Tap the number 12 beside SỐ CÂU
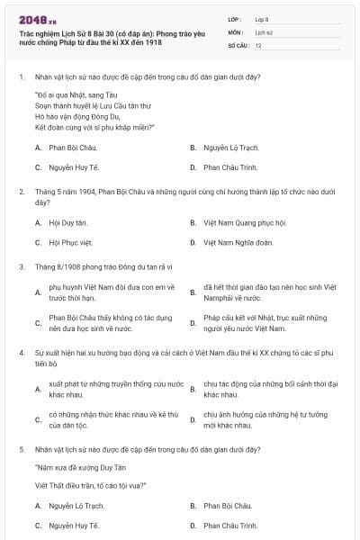(x=258, y=44)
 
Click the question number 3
(x=21, y=266)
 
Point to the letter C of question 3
(x=38, y=323)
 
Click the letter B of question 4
(x=193, y=389)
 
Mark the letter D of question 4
(x=193, y=419)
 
